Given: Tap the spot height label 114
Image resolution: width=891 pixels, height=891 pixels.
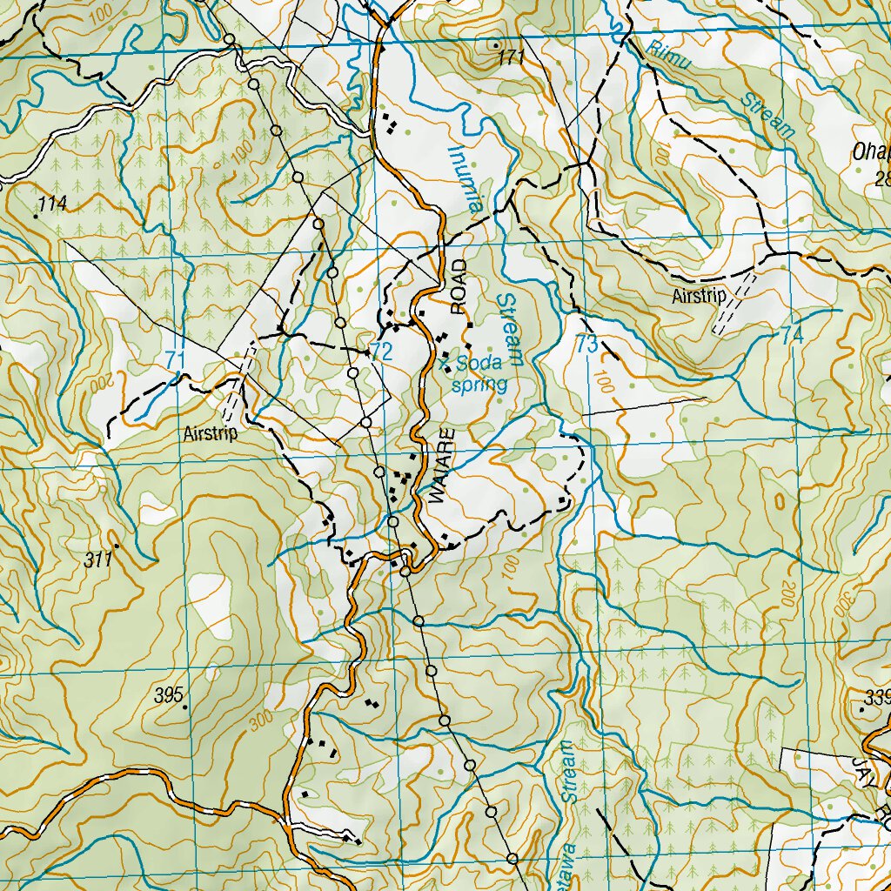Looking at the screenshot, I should [52, 204].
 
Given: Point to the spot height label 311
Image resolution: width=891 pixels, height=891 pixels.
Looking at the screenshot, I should [99, 560].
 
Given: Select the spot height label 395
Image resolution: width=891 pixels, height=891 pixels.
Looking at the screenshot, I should [169, 694].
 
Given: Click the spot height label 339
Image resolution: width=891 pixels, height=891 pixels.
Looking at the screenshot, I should [878, 697].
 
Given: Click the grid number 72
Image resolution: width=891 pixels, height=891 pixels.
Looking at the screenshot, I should [381, 352].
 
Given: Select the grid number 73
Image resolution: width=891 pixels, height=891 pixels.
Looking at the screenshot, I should [587, 344].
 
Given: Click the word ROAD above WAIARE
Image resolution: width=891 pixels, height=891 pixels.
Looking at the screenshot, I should [459, 285].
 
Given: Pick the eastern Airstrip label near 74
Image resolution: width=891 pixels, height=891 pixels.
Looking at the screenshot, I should [698, 297].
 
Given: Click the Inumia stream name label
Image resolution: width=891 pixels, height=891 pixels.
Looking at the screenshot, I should [465, 178].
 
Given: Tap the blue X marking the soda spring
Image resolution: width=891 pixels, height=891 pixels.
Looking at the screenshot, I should [445, 359].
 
